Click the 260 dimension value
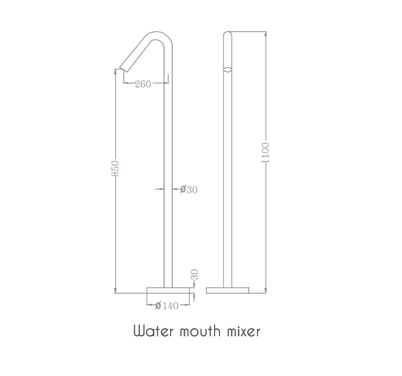(x=143, y=84)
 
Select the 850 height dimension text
(x=115, y=168)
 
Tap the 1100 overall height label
(x=265, y=153)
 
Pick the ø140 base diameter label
(x=167, y=306)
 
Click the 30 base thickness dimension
(x=194, y=275)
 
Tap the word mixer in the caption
(x=243, y=331)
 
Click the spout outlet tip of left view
(x=123, y=69)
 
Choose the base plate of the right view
(x=228, y=290)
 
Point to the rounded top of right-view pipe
(x=228, y=34)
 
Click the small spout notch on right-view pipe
(x=228, y=69)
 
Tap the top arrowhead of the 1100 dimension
(x=265, y=34)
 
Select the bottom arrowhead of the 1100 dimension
(x=265, y=291)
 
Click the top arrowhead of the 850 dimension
(x=115, y=71)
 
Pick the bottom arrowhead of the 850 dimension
(x=115, y=291)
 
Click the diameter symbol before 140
(x=158, y=306)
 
